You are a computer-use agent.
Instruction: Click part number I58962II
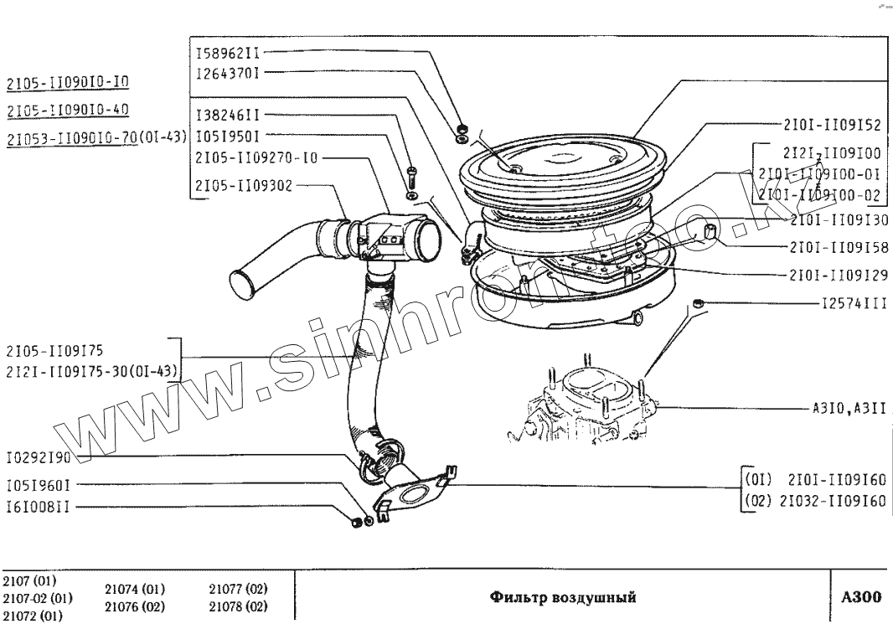click(228, 52)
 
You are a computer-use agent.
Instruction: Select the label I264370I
click(228, 73)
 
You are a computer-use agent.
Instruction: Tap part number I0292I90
click(39, 459)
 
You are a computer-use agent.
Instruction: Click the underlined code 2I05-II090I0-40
click(67, 111)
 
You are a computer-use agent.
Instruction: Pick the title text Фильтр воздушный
click(563, 597)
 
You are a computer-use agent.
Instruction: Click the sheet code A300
click(861, 597)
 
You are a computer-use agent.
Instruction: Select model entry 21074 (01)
click(135, 589)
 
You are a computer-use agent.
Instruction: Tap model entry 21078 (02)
click(238, 606)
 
